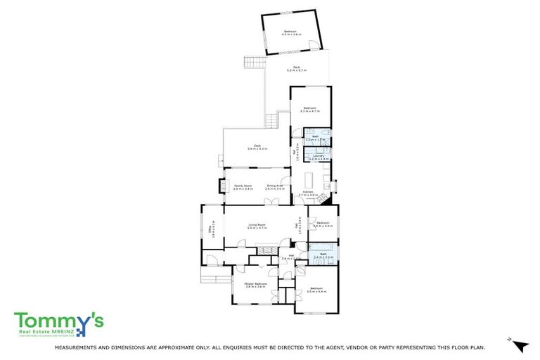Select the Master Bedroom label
click(254, 285)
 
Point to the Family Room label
click(243, 186)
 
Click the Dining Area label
click(275, 186)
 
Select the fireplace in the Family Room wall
click(224, 187)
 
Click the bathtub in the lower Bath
click(322, 247)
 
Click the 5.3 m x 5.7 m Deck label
click(297, 69)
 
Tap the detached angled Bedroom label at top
click(290, 32)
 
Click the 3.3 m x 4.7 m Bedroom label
click(309, 110)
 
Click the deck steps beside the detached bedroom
click(254, 63)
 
